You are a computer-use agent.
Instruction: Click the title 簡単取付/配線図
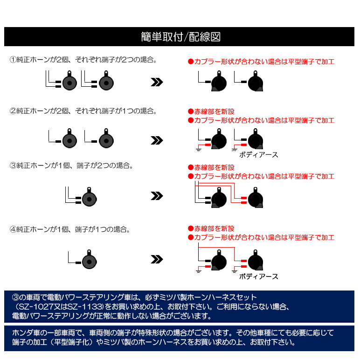pos(180,37)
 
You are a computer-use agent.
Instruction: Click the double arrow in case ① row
pos(157,82)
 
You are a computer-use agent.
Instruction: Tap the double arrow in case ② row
pos(157,140)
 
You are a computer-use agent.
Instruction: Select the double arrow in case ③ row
pos(157,196)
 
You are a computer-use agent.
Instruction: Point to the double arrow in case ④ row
pos(157,259)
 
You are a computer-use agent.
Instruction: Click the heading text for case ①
pos(83,60)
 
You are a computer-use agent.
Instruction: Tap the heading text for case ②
pos(83,111)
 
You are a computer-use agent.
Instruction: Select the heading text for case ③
pos(71,165)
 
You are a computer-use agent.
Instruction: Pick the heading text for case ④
pos(70,229)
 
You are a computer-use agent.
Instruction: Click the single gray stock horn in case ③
pos(90,197)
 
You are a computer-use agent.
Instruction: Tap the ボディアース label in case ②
pos(258,155)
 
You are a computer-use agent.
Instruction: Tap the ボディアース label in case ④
pos(258,277)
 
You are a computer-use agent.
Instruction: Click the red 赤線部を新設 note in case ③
pos(211,167)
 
